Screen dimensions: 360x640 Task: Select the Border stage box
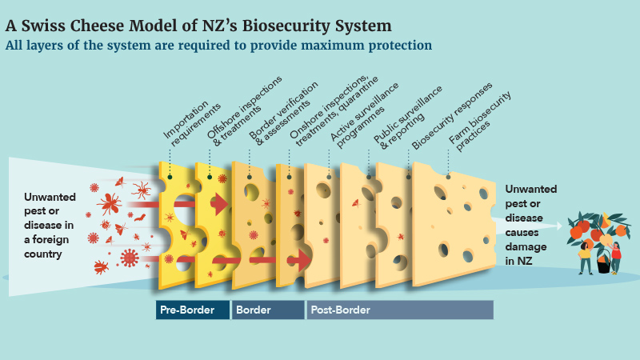(x=267, y=310)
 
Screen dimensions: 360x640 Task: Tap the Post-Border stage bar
(x=400, y=310)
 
